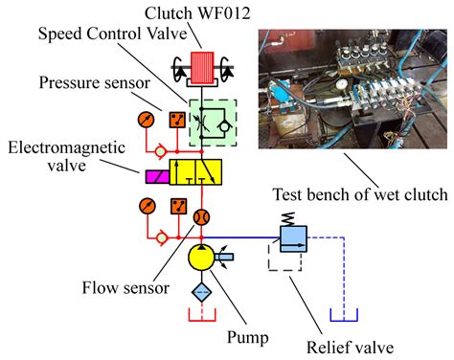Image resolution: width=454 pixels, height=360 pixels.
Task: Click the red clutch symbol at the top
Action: point(202,70)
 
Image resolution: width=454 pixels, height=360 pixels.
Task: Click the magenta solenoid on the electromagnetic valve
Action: point(153,176)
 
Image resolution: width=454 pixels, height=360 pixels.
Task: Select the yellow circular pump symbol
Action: point(202,258)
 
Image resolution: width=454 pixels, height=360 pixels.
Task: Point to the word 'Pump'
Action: point(247,337)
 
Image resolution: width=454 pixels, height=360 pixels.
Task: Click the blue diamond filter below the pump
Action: point(202,291)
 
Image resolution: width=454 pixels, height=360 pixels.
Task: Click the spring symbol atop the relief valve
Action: point(289,217)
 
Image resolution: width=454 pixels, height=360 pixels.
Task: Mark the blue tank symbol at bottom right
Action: point(343,315)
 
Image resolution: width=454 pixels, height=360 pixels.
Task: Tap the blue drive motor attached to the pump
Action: point(228,257)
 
